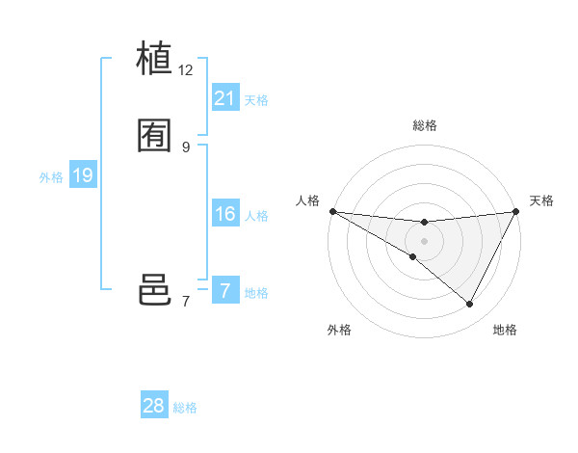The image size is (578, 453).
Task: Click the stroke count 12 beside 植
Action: [186, 70]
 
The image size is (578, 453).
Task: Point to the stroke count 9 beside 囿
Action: [186, 147]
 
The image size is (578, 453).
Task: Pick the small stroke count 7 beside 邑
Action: [186, 302]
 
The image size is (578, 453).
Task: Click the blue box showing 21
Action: [224, 98]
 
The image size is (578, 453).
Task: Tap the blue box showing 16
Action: [224, 214]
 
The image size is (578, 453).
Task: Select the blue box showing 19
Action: [82, 175]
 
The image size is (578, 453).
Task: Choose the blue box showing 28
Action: [153, 406]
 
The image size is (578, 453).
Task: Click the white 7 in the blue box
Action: [224, 290]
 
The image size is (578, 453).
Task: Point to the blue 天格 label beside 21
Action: [256, 100]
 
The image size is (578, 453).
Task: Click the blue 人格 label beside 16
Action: [256, 216]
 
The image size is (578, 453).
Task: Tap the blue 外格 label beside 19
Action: [51, 177]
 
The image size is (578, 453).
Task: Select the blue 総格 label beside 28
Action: [185, 408]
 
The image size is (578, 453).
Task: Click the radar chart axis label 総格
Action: [424, 125]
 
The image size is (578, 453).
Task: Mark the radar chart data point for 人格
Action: [332, 211]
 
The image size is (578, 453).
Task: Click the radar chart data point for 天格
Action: [516, 212]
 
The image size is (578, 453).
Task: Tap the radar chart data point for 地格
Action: [470, 305]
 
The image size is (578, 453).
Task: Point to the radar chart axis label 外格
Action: [339, 331]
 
